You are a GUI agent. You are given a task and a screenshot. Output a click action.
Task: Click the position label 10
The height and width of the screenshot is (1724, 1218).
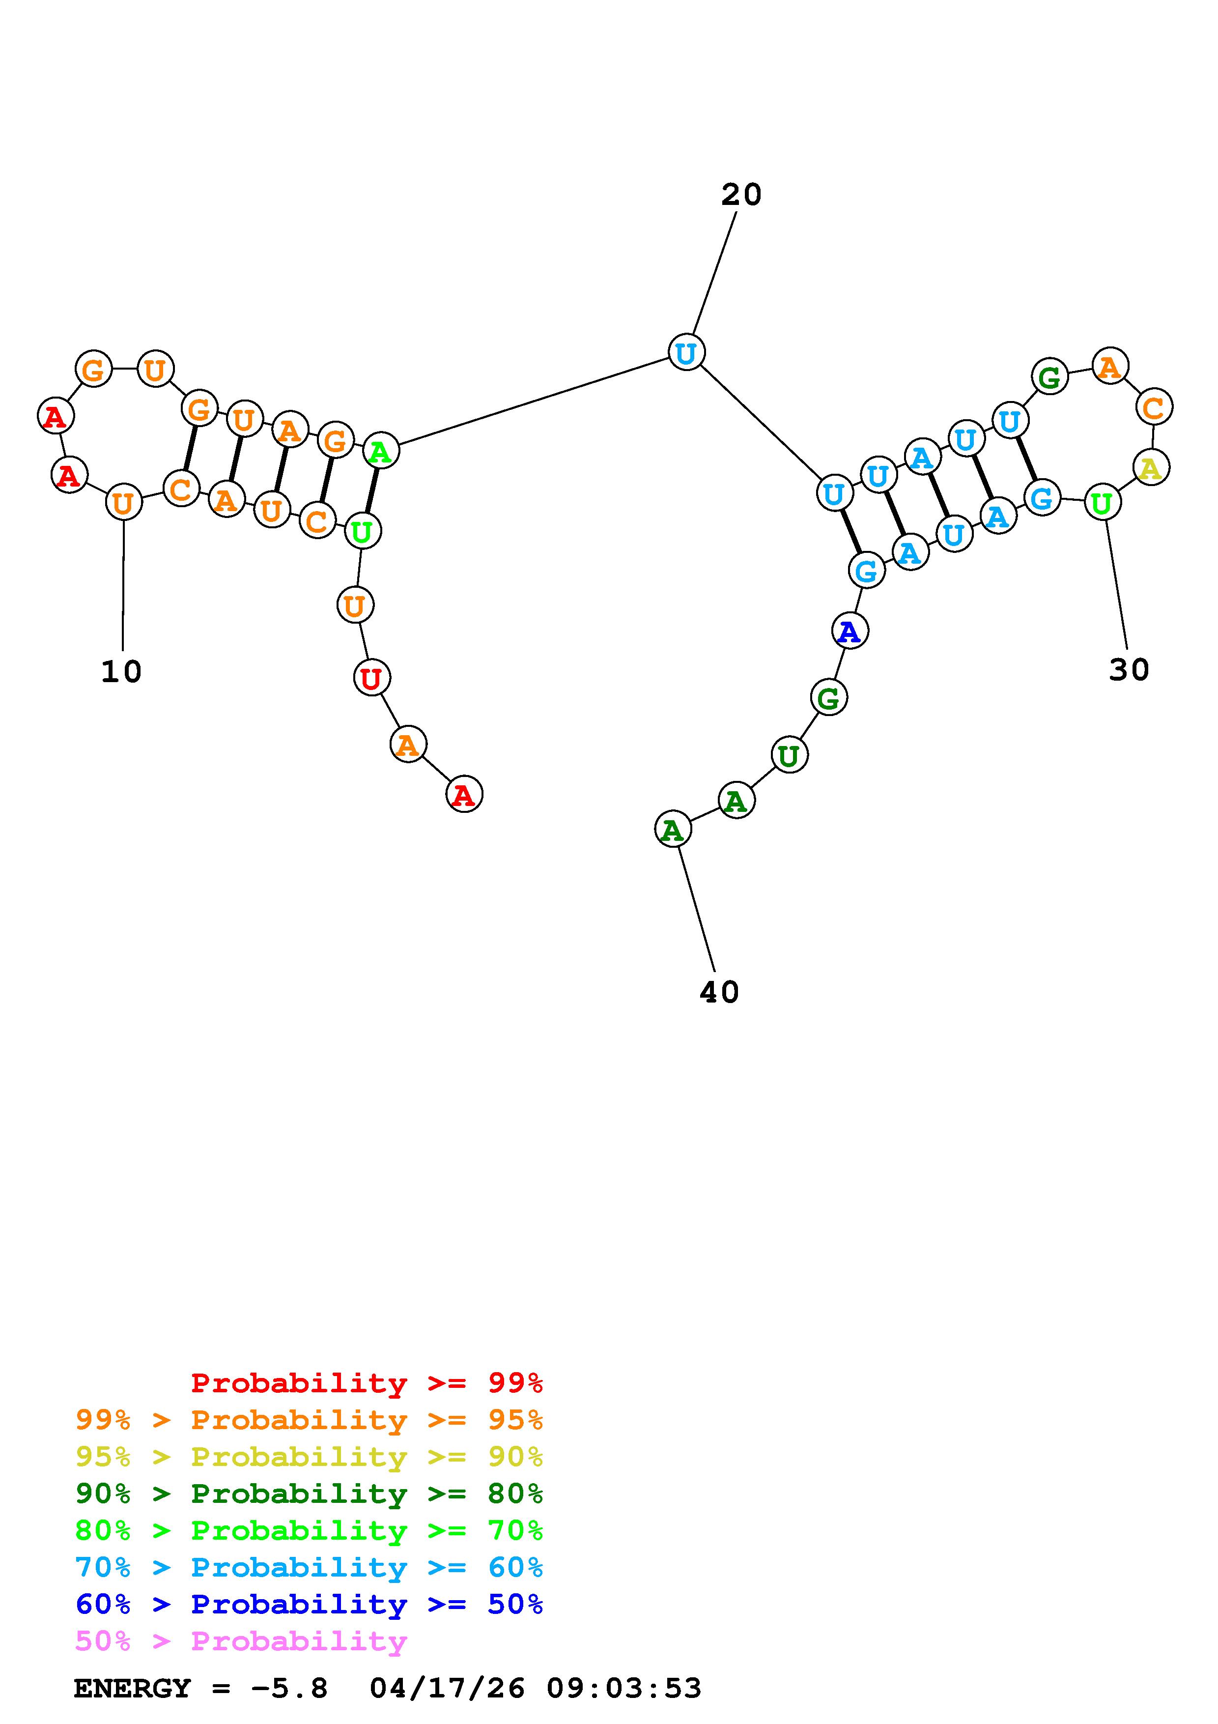click(121, 671)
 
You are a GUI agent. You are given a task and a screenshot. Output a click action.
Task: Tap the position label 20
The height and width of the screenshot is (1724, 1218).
click(741, 195)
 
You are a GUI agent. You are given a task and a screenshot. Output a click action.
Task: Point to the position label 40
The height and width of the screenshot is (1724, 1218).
click(719, 992)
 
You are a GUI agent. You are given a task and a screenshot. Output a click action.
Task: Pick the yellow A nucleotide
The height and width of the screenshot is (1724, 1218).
click(1151, 468)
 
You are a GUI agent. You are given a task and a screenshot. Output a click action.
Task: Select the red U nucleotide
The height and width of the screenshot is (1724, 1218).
click(371, 678)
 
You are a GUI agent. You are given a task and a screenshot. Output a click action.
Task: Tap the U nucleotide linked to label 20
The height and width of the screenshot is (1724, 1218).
click(686, 352)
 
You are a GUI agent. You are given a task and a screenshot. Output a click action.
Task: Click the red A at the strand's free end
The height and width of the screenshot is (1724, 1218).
click(464, 794)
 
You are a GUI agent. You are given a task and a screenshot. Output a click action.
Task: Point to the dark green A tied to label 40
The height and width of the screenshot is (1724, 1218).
click(673, 830)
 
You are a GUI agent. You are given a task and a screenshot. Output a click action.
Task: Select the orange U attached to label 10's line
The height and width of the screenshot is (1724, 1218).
click(124, 502)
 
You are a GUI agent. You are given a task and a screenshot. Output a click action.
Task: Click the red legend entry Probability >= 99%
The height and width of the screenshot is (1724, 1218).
click(367, 1383)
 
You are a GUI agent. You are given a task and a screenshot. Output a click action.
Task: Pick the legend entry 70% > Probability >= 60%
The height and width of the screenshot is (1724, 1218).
click(309, 1568)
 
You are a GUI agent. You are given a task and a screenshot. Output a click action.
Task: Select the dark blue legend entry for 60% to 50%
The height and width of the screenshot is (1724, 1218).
click(309, 1605)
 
